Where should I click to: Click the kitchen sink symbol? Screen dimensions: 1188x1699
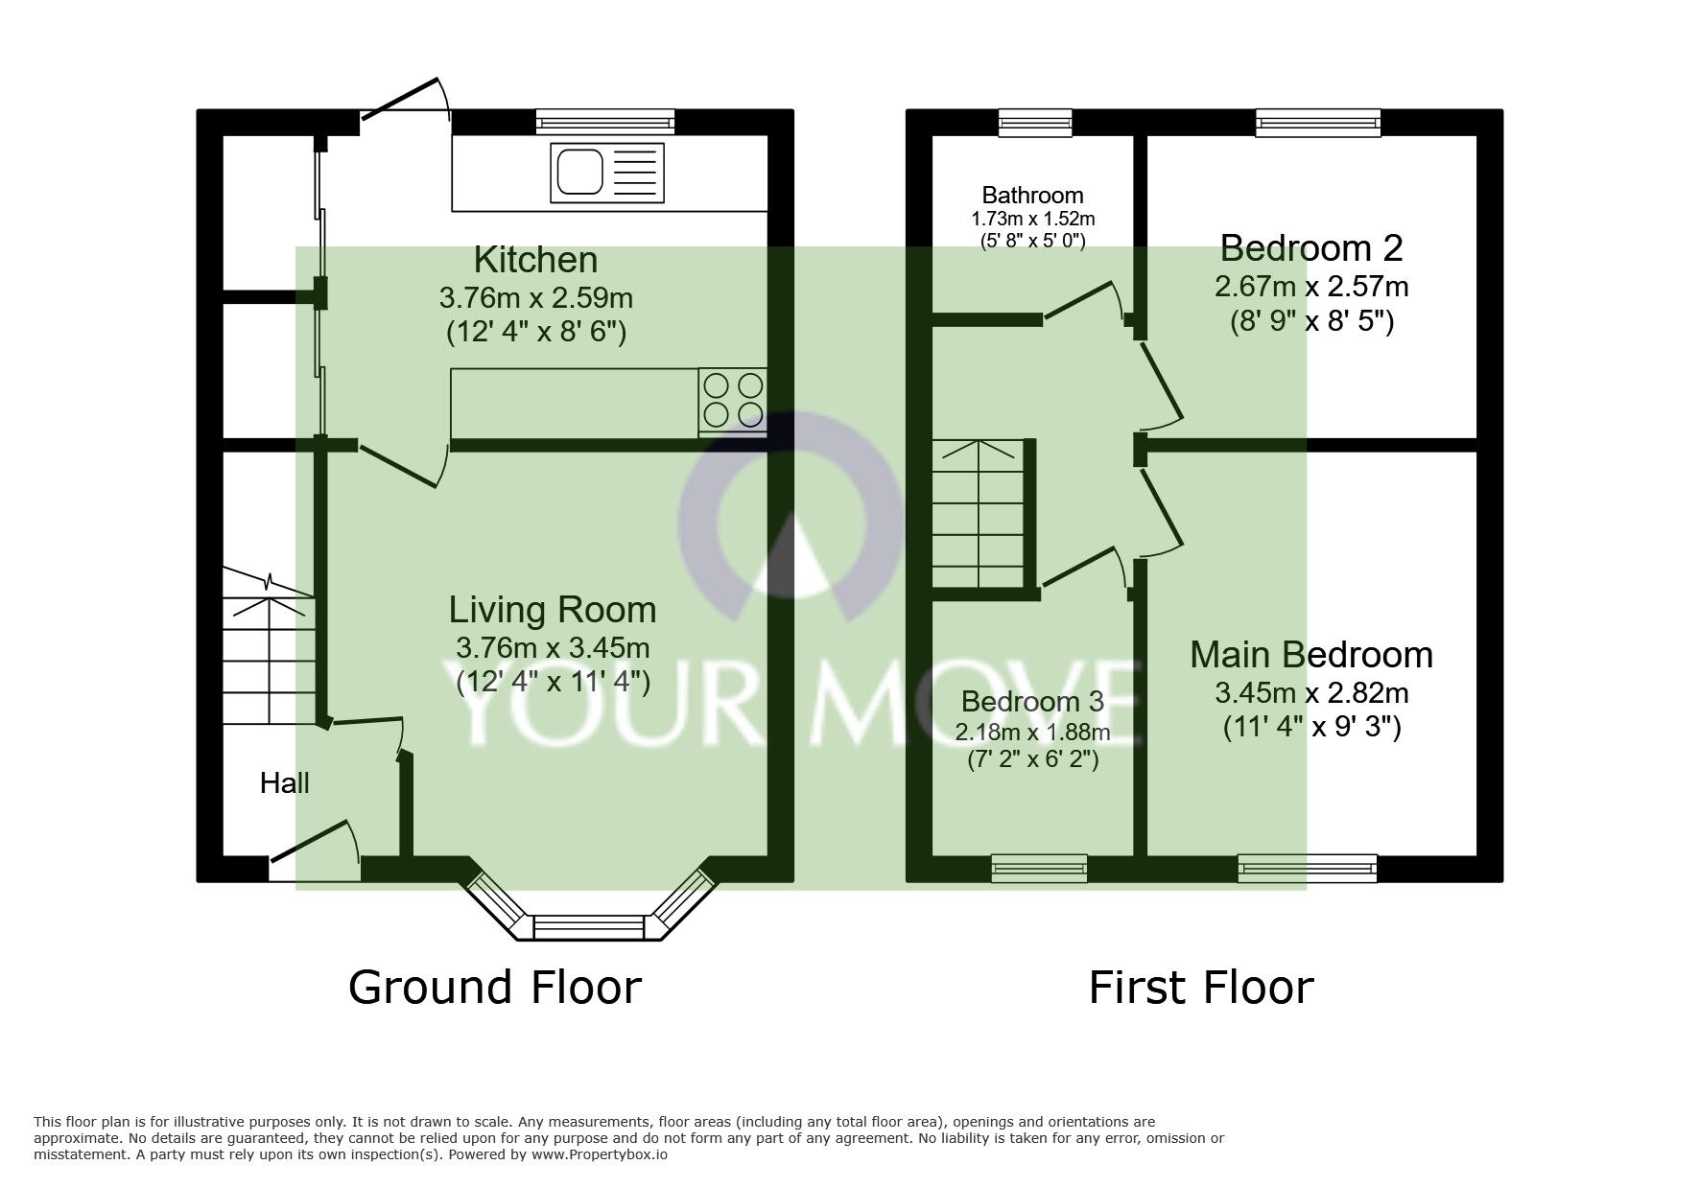pyautogui.click(x=606, y=173)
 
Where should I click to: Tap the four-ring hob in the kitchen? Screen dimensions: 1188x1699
pyautogui.click(x=733, y=400)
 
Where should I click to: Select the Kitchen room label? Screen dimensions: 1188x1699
pyautogui.click(x=535, y=260)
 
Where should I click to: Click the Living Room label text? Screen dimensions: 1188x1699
pyautogui.click(x=553, y=610)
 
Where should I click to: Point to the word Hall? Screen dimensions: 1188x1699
pyautogui.click(x=284, y=783)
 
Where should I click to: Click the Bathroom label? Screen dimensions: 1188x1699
pyautogui.click(x=1032, y=196)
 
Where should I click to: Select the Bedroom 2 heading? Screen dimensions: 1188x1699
pyautogui.click(x=1310, y=248)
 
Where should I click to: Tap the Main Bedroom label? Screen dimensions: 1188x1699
pyautogui.click(x=1310, y=655)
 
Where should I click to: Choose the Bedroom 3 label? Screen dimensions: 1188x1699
pyautogui.click(x=1032, y=702)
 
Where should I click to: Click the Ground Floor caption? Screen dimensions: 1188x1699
pyautogui.click(x=494, y=988)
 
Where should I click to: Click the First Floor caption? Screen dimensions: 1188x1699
pyautogui.click(x=1200, y=988)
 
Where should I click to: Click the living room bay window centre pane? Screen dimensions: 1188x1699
pyautogui.click(x=588, y=927)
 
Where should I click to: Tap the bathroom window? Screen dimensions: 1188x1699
pyautogui.click(x=1034, y=122)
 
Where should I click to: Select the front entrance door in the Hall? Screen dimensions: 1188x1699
pyautogui.click(x=315, y=844)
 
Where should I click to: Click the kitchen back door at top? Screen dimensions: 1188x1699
pyautogui.click(x=403, y=100)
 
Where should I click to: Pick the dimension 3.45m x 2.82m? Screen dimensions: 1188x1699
pyautogui.click(x=1310, y=692)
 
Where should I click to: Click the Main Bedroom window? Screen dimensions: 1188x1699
pyautogui.click(x=1307, y=868)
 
